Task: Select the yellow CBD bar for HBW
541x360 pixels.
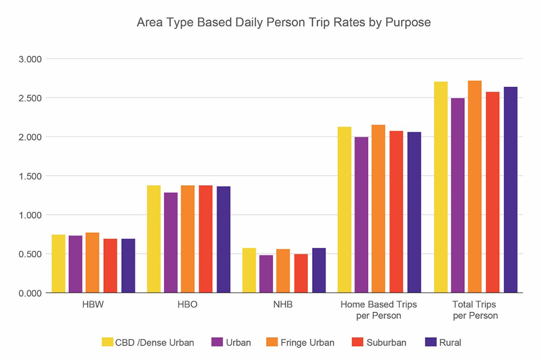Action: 58,264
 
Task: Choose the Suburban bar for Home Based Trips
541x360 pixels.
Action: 396,212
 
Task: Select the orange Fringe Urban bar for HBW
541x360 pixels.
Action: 93,263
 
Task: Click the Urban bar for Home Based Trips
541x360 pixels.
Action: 361,215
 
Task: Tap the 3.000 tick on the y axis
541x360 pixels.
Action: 31,59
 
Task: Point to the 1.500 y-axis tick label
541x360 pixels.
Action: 31,176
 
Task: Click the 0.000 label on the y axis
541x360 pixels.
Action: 31,293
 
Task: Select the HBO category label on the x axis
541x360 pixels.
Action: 187,305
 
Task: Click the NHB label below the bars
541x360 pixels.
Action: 283,305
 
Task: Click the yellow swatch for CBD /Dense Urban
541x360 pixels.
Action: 107,342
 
